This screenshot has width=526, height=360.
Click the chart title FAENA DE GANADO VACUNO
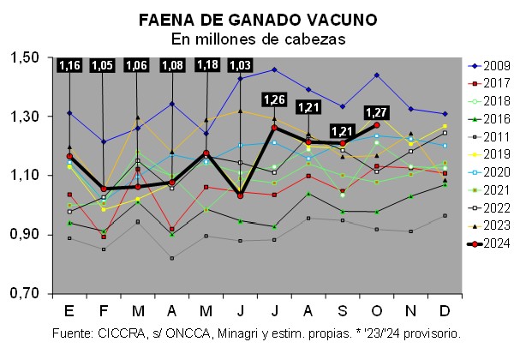[263, 20]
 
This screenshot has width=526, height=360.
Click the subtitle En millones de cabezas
[263, 39]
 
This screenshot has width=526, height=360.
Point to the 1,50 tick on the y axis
[25, 57]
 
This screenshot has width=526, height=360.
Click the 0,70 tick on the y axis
[25, 293]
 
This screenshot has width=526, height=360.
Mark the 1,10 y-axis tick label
[25, 175]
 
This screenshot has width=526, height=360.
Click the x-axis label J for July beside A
[273, 309]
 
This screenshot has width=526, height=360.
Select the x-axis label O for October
[377, 309]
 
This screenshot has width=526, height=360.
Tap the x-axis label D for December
[444, 309]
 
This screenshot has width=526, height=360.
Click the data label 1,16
[70, 66]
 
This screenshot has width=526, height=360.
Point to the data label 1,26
[275, 99]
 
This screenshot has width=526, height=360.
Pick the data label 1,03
[241, 66]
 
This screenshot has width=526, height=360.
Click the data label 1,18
[206, 66]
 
